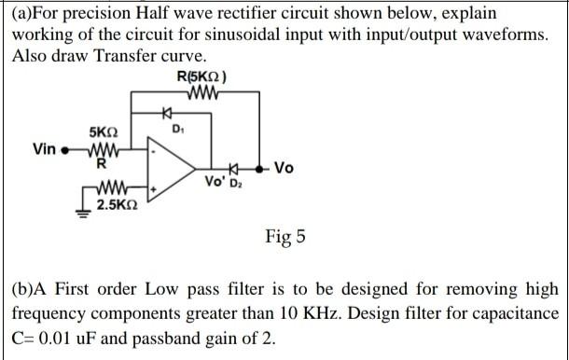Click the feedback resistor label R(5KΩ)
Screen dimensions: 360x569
201,76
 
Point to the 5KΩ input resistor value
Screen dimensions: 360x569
104,133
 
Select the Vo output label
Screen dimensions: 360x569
284,168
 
